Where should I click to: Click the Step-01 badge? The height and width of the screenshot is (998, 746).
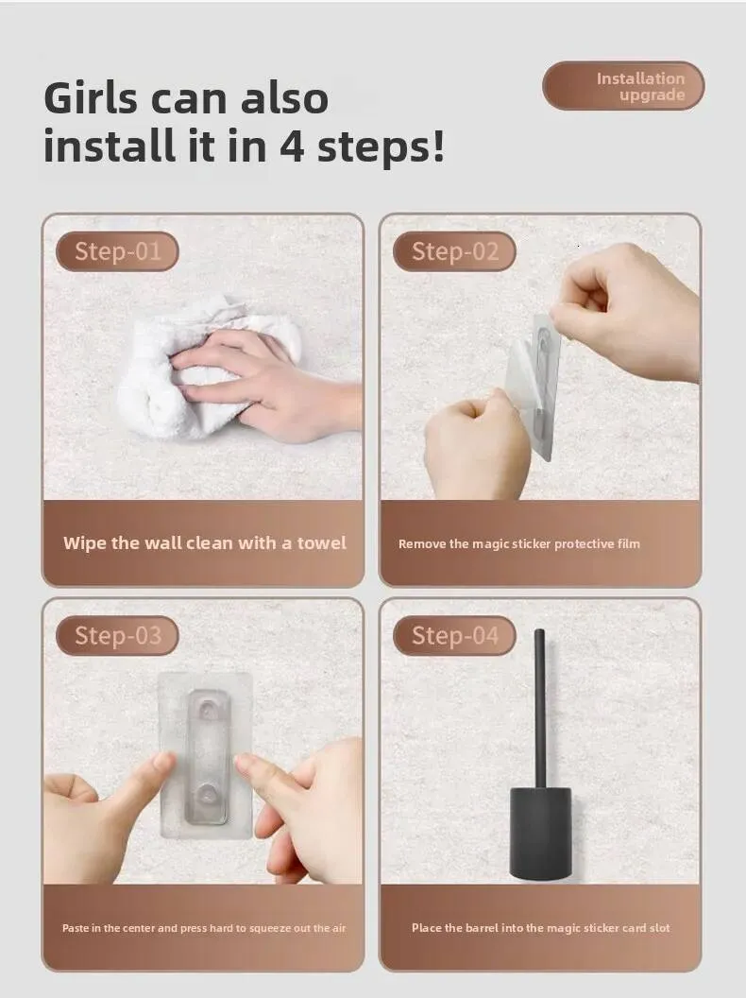117,251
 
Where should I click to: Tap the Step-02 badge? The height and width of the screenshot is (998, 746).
454,251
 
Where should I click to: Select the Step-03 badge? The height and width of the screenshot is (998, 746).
117,635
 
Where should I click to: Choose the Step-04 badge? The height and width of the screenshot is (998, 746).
454,635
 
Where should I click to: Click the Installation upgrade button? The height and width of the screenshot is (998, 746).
623,86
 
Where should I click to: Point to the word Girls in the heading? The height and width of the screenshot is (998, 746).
91,98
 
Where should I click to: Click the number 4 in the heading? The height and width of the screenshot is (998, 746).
291,146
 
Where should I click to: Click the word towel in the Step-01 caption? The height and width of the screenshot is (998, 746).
322,542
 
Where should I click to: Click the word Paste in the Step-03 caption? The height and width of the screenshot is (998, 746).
75,928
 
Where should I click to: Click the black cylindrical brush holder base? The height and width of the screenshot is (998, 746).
540,834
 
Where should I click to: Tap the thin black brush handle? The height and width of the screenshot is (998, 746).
539,708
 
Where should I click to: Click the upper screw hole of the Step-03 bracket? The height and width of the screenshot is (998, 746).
208,708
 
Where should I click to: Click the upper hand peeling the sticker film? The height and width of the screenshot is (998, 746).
626,312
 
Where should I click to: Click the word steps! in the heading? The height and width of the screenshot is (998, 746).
381,147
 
